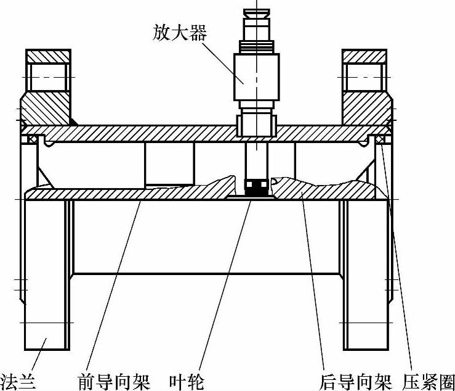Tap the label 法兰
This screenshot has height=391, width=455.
pos(18,382)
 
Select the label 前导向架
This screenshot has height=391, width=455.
pos(114,382)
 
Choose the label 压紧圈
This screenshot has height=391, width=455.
pos(429,382)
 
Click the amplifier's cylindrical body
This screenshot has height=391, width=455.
pos(256,76)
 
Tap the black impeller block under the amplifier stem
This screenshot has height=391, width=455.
pos(257,186)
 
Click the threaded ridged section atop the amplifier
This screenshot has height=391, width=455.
pos(257,44)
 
